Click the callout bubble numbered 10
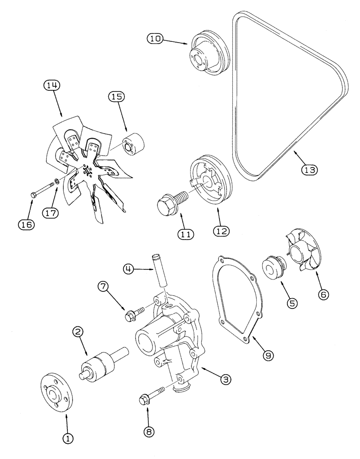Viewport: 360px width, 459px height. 155,39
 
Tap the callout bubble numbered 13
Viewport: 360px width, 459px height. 309,170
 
